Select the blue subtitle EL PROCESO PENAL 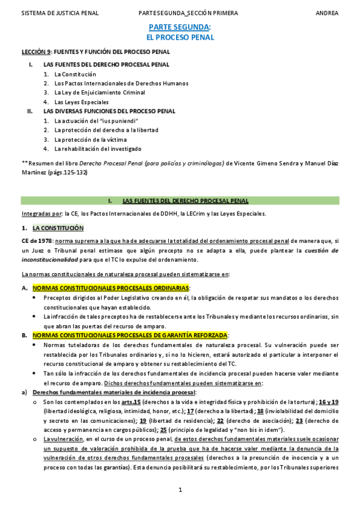(x=180, y=37)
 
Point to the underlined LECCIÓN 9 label (x=37, y=52)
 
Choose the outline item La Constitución (x=75, y=74)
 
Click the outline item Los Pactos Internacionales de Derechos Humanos (x=121, y=84)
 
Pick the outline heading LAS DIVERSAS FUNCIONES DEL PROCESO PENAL (x=109, y=111)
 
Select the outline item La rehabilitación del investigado (x=98, y=149)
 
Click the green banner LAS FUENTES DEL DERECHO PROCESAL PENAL (x=185, y=200)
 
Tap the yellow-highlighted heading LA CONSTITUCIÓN (x=58, y=229)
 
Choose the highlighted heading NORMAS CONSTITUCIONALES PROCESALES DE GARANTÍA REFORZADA (x=130, y=334)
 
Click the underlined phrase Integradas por (x=41, y=214)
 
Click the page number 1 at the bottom (x=180, y=490)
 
